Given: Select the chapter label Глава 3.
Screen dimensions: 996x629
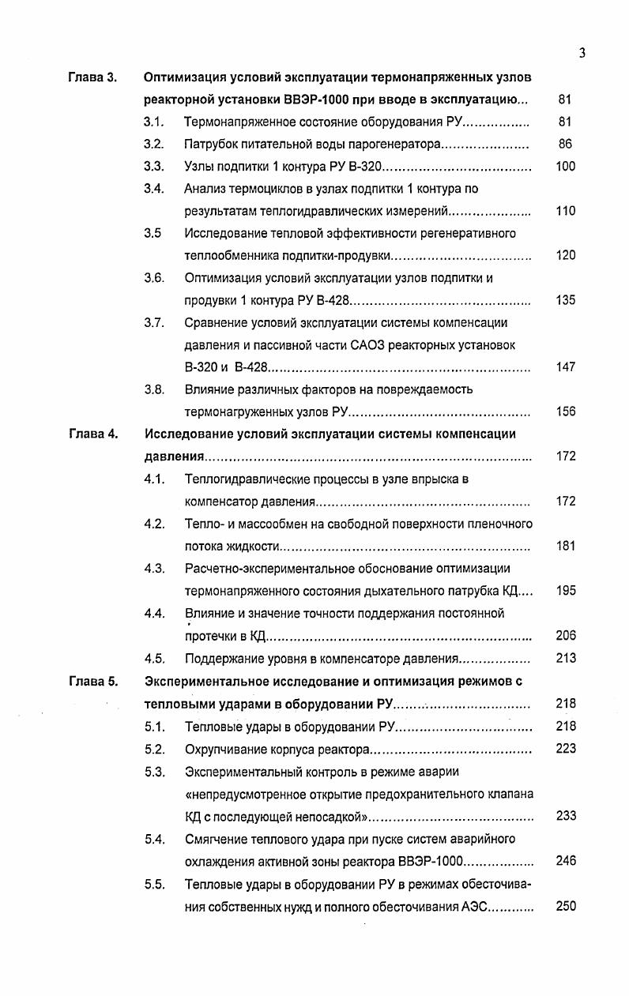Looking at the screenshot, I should tap(92, 77).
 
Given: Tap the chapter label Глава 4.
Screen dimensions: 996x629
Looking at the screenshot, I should tap(92, 434).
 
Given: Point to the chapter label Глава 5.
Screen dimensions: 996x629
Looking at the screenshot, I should tap(92, 681).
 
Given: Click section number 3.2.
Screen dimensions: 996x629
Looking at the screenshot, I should tap(153, 145).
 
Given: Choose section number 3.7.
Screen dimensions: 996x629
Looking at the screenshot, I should tap(153, 322).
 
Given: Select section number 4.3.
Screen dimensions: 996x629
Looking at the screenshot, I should tap(153, 569).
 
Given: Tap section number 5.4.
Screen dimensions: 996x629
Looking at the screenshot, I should tap(154, 839).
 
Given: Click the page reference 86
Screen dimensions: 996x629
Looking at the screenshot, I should tap(565, 145).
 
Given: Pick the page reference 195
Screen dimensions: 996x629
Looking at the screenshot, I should tap(565, 591).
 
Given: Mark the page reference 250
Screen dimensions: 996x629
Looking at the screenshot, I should tap(565, 907).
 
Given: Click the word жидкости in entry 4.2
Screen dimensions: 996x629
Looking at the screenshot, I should tap(253, 547).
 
